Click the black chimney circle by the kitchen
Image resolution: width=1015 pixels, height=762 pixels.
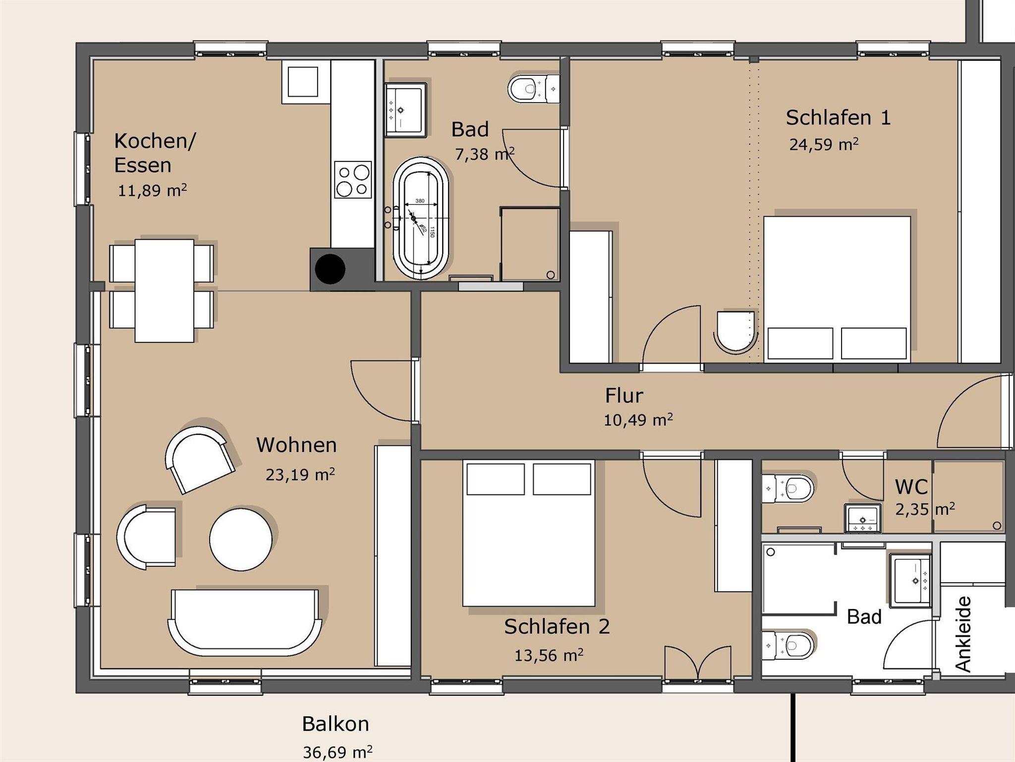click(330, 269)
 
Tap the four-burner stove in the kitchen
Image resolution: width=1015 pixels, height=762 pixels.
click(353, 179)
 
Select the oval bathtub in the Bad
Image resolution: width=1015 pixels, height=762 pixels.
click(421, 218)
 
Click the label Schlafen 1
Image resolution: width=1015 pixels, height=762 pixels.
click(838, 117)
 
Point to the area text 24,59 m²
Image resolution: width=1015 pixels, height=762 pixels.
click(824, 144)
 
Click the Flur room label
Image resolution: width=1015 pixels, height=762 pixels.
click(624, 395)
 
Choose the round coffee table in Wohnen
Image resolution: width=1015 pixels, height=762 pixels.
click(240, 539)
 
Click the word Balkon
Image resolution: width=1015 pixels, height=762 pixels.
click(336, 724)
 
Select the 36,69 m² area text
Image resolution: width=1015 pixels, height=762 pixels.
click(338, 752)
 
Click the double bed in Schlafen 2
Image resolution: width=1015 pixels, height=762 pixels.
click(529, 533)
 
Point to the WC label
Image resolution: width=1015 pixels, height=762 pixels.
click(911, 487)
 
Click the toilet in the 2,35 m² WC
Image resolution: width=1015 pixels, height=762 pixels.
click(788, 489)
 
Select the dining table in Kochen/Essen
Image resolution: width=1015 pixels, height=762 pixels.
click(165, 291)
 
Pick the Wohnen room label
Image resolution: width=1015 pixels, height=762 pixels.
click(296, 445)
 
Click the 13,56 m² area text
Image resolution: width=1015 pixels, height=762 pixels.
click(549, 655)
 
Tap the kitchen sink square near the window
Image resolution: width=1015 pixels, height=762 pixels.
click(303, 82)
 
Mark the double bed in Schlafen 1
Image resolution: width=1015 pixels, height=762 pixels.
click(837, 289)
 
